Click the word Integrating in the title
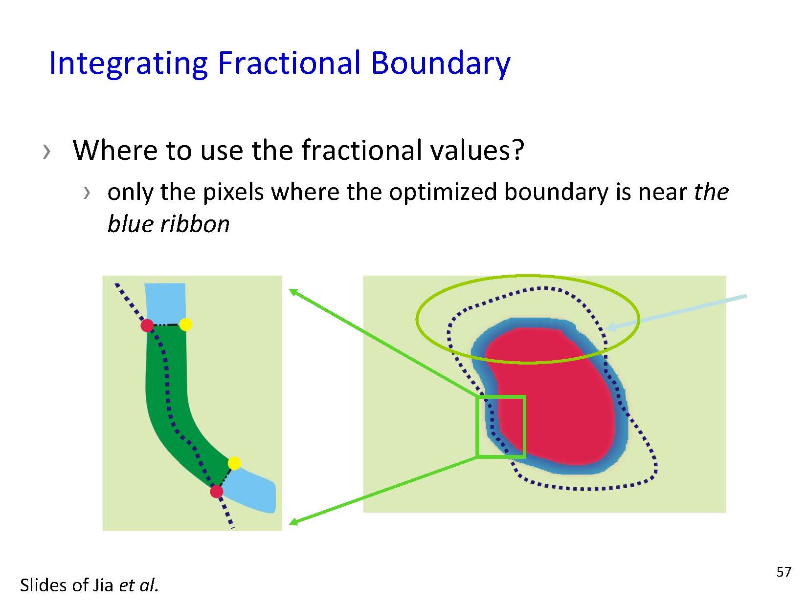coord(129,64)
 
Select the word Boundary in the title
coord(441,64)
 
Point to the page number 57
coord(784,572)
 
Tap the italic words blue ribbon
coord(168,224)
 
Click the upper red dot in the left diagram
coord(147,325)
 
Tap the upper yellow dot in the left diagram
coord(186,324)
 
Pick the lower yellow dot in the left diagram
coord(235,463)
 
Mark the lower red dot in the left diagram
coord(217,492)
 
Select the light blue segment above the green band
coord(165,303)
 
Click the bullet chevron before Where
coord(46,151)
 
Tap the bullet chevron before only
coord(87,193)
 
